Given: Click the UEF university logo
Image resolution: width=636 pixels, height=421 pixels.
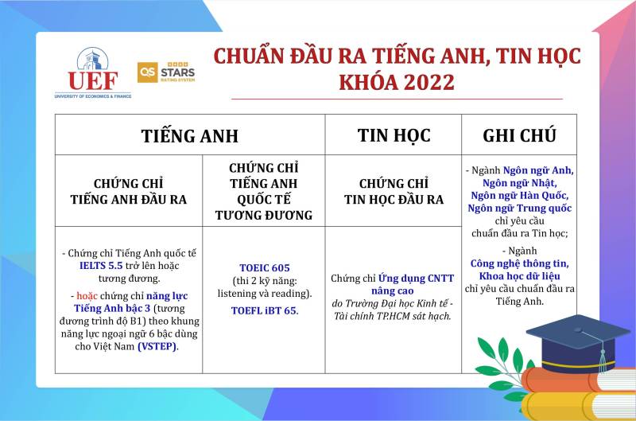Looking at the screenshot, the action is (x=93, y=73).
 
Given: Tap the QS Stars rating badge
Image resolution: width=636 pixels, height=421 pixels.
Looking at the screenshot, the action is (x=166, y=72).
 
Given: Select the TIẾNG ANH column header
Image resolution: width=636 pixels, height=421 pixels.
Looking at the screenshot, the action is (x=190, y=135).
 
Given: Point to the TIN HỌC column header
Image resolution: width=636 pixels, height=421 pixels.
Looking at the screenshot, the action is (x=394, y=135).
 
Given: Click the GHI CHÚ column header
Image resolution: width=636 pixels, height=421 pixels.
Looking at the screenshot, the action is (x=519, y=135).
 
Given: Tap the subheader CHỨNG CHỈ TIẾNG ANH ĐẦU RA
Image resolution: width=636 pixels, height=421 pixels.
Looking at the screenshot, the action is (x=129, y=191).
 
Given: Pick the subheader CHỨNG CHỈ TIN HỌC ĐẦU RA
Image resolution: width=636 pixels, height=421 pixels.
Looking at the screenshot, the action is (x=394, y=191).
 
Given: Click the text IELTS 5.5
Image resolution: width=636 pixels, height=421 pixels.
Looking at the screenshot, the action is (x=101, y=266).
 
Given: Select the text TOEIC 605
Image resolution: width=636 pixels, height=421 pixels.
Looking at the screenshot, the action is (x=265, y=268).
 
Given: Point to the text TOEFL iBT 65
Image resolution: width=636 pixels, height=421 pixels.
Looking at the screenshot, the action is (x=265, y=310).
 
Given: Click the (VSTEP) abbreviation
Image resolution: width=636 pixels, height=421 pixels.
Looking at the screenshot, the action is (x=157, y=347).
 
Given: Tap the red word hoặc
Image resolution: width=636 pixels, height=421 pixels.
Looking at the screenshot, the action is (x=87, y=296).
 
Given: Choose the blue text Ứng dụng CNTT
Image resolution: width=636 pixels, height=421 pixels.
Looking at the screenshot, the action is (x=416, y=279).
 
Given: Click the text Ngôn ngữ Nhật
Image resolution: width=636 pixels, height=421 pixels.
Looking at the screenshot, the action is (x=520, y=183).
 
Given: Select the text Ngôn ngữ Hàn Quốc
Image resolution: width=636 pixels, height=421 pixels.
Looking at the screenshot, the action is (x=520, y=196).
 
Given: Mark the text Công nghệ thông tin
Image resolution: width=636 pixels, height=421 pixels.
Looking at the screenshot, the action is (x=520, y=264).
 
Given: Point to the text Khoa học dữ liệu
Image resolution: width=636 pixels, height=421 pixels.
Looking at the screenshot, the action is (x=520, y=276).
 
